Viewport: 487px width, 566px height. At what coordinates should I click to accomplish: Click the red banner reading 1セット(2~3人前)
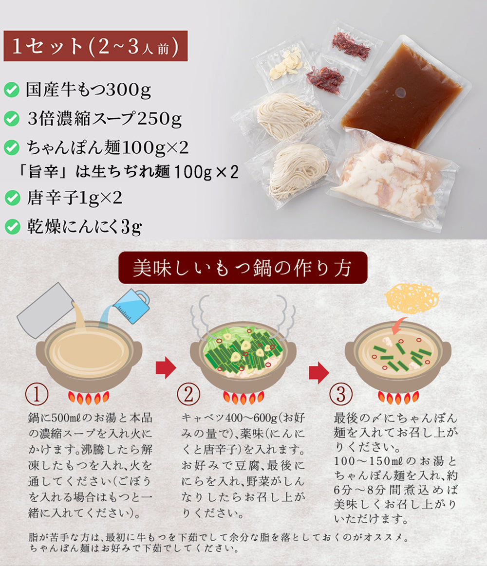click(95, 46)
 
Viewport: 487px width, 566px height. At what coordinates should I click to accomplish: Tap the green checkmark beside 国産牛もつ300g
click(12, 90)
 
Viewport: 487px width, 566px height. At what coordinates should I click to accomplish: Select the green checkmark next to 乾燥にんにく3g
click(13, 227)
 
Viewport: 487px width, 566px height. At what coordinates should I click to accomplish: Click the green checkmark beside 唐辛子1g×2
click(13, 198)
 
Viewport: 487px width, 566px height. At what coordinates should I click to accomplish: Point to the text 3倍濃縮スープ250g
click(105, 118)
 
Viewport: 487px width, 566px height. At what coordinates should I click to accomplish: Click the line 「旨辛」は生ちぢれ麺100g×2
click(128, 171)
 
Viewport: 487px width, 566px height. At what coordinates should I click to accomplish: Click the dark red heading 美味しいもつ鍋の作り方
click(243, 268)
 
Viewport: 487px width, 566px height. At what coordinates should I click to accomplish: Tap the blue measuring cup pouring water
click(130, 306)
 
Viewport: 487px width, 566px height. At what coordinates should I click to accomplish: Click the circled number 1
click(37, 394)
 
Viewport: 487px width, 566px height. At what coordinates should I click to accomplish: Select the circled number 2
click(188, 394)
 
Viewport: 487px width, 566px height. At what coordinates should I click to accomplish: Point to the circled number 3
click(341, 394)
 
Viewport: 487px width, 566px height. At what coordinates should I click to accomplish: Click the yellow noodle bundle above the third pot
click(412, 298)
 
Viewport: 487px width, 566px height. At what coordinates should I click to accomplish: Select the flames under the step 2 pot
click(243, 398)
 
